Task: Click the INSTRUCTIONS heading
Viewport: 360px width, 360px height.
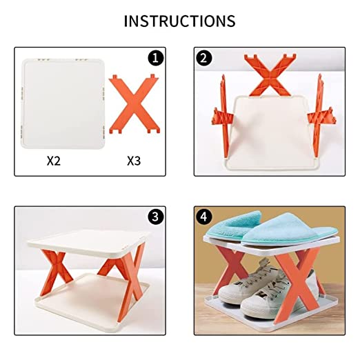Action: pos(179,21)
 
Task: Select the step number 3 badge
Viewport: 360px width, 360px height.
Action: pos(157,217)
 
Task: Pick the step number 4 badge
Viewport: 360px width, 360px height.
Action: pos(203,217)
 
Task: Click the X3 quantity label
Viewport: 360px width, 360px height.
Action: pos(134,161)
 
